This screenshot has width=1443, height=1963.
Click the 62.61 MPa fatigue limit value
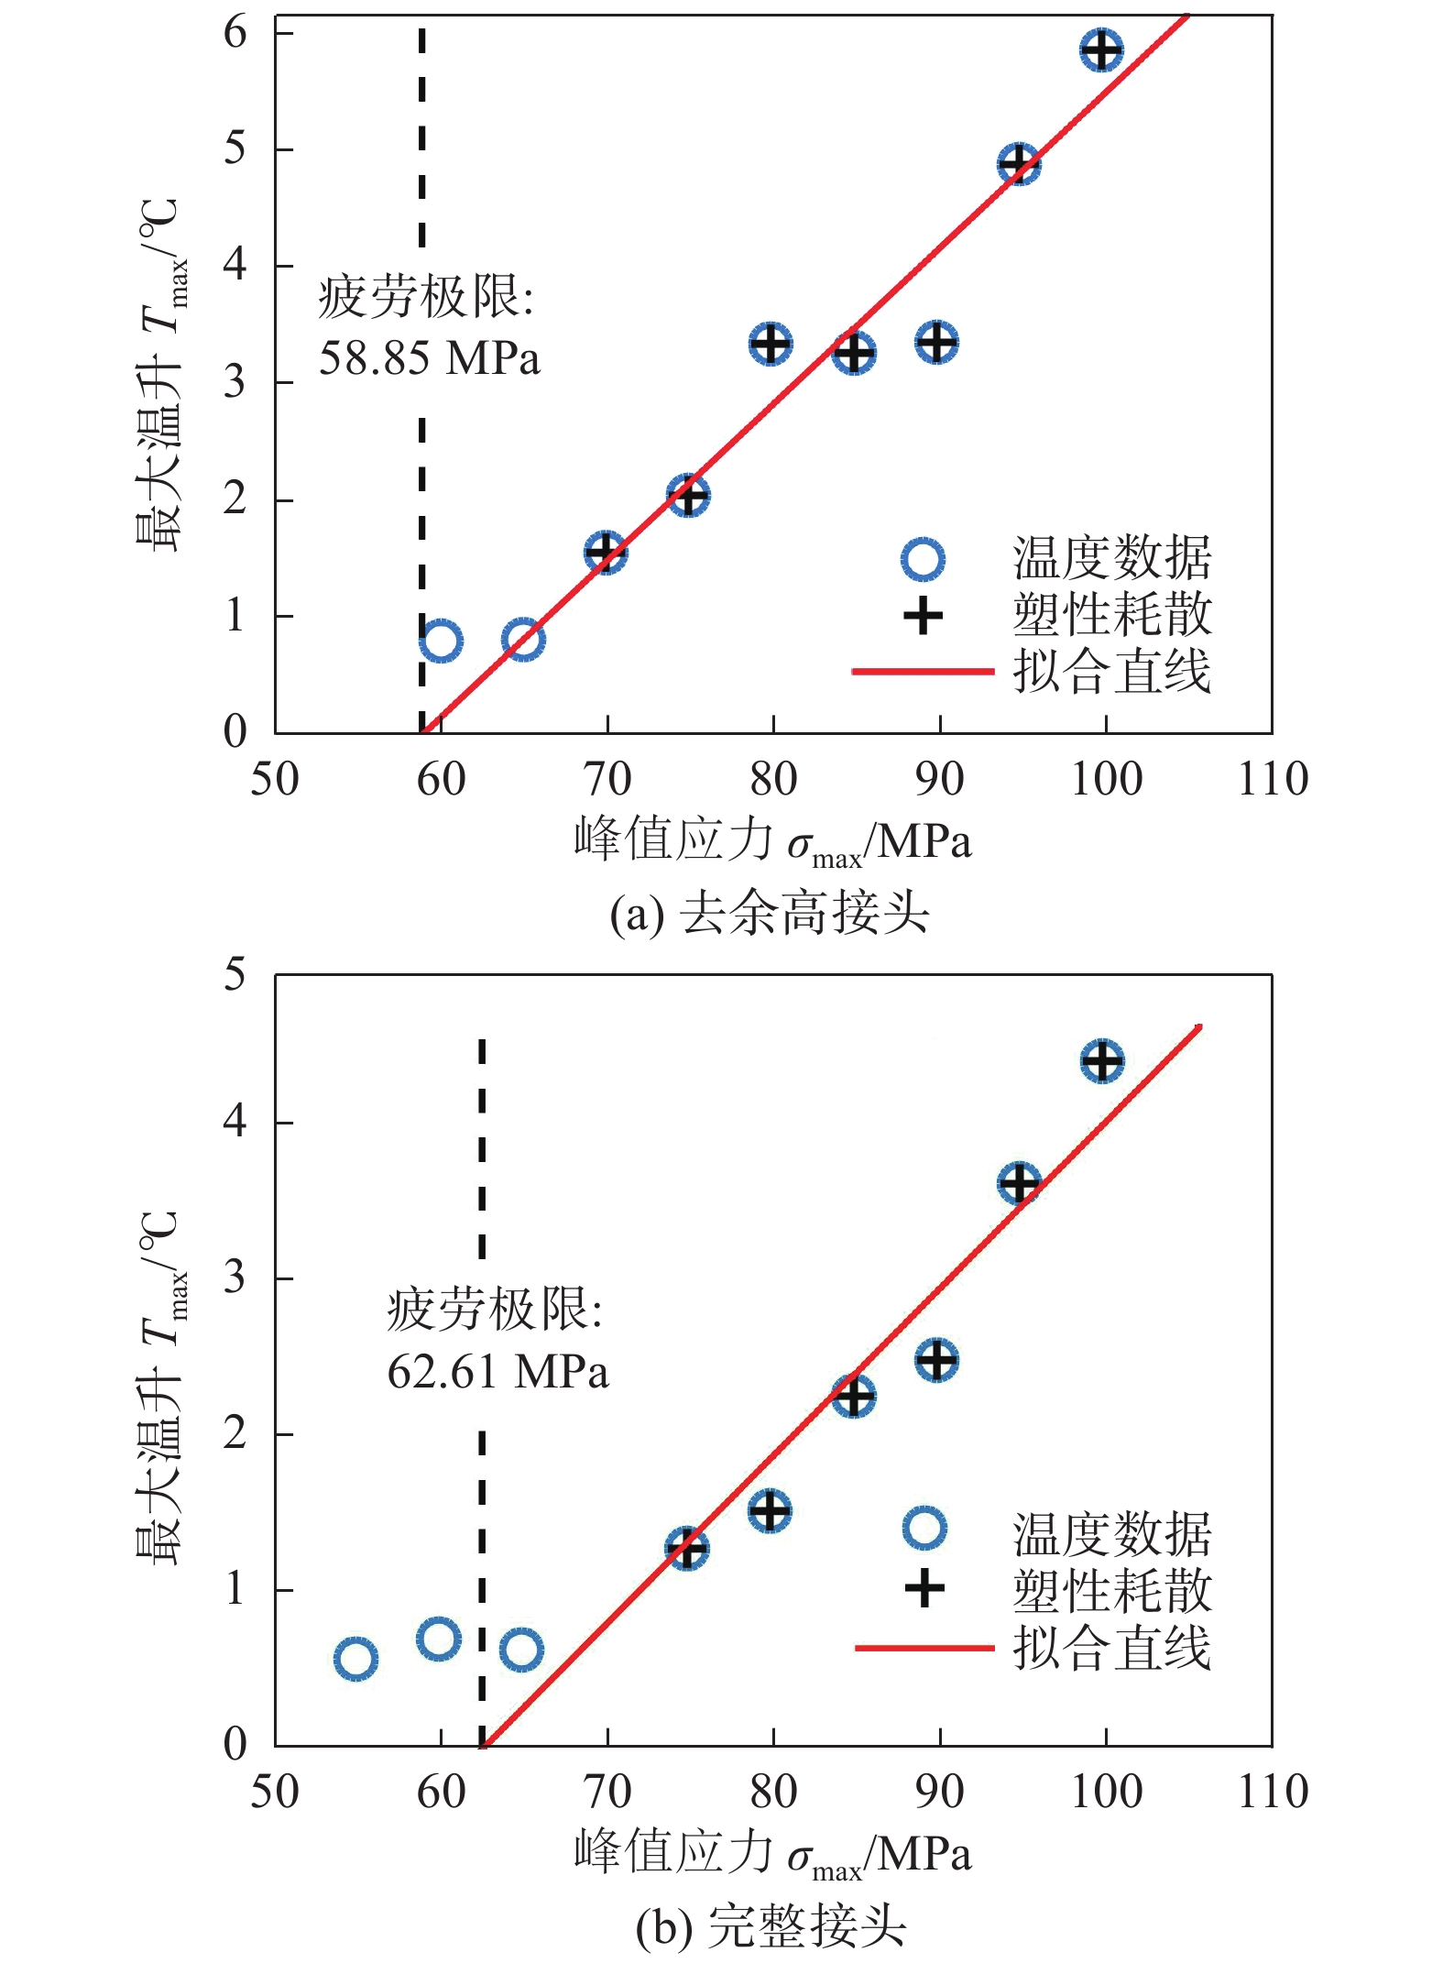(497, 1372)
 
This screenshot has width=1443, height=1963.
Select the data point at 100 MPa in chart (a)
(1101, 49)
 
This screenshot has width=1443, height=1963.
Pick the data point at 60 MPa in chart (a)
(441, 640)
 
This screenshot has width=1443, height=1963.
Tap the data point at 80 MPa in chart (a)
(771, 344)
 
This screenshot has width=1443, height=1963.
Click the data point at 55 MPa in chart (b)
(355, 1658)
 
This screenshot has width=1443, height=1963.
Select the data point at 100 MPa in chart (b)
(1102, 1060)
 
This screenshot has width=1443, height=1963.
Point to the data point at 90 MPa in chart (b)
(936, 1360)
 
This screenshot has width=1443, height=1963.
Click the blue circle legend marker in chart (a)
(923, 558)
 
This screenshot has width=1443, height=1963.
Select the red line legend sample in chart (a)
(923, 672)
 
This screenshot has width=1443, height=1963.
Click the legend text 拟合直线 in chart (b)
(1111, 1647)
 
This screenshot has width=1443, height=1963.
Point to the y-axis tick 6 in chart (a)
(235, 33)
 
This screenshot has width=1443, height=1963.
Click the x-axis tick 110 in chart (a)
(1273, 780)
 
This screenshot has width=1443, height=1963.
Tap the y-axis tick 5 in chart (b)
(235, 973)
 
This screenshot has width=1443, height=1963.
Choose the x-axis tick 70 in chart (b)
(607, 1792)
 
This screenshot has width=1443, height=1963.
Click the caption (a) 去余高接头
(770, 913)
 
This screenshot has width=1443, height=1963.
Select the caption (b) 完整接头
(770, 1925)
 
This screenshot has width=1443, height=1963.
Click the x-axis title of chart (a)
(771, 840)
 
